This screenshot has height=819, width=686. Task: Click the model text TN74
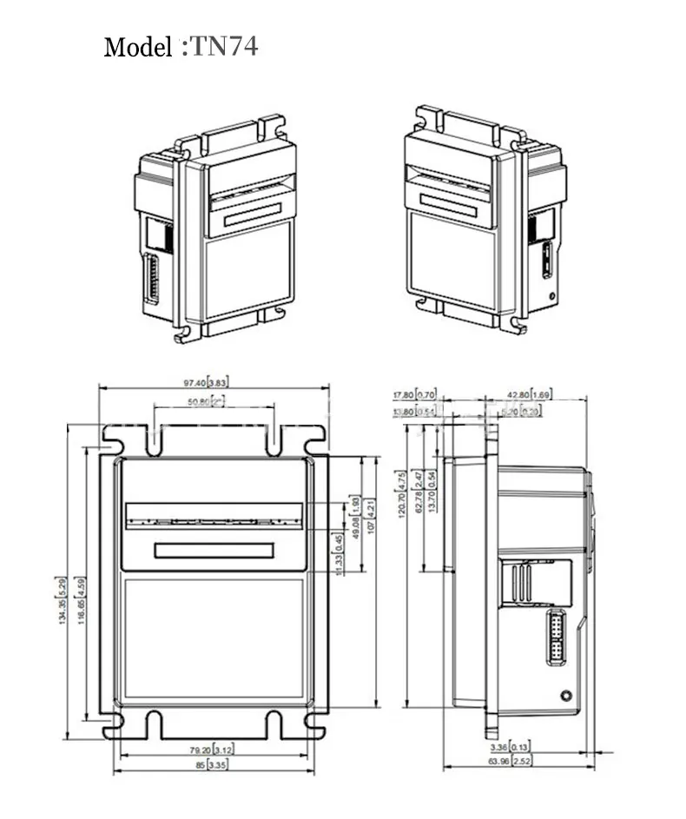pos(223,47)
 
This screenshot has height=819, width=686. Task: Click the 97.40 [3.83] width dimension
pos(206,383)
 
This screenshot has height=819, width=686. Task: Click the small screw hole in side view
pos(566,695)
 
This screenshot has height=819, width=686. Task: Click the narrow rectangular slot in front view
pos(214,550)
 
